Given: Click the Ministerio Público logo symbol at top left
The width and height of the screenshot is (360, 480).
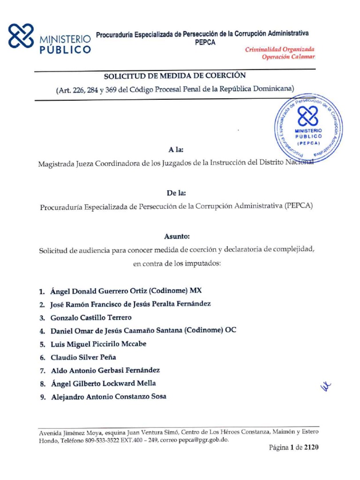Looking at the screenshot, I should point(22,37).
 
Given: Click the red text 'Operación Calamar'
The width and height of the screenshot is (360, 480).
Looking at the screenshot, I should point(288,57).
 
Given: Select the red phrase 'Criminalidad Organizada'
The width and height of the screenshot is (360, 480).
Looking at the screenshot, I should point(280,49).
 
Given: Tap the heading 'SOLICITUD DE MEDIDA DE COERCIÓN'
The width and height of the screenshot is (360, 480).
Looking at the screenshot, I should point(174,75).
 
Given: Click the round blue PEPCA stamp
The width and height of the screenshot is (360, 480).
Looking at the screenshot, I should point(308,126).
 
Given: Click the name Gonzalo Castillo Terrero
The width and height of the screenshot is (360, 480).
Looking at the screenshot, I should point(91,317).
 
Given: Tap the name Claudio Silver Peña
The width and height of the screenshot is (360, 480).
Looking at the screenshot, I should point(83,357).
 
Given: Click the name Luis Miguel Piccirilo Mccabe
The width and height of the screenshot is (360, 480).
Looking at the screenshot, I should point(98,344).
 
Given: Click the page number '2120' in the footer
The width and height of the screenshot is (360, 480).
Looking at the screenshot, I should point(311,448).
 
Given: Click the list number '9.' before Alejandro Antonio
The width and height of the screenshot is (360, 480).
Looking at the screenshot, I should point(43,397).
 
